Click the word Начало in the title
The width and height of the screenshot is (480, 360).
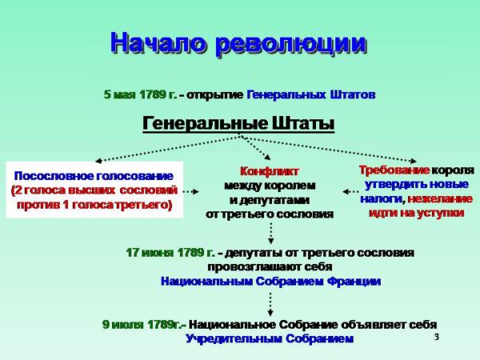point(158,42)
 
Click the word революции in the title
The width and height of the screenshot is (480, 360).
point(291,44)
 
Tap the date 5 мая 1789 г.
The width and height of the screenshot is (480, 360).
point(141,94)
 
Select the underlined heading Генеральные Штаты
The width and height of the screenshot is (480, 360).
point(238,124)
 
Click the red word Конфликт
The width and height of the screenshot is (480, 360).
point(270,171)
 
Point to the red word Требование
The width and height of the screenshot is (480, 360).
point(394,170)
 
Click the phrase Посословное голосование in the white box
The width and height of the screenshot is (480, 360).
point(94,176)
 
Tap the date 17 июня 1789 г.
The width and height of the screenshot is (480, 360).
point(170,253)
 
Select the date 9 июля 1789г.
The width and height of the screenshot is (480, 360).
point(144,325)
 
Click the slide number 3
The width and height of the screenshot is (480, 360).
point(437,337)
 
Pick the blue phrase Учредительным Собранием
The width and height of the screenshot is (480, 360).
point(270,339)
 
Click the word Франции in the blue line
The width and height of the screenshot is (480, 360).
point(354,282)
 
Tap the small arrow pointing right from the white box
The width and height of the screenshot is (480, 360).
point(190,192)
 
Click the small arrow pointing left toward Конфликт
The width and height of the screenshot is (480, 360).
point(350,192)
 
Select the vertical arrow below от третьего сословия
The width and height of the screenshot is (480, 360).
point(270,234)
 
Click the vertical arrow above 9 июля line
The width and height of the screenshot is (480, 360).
point(270,304)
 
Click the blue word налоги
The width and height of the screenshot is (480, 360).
point(382,199)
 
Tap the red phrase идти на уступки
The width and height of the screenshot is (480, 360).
point(417,213)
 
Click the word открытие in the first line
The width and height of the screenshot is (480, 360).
point(215,94)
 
